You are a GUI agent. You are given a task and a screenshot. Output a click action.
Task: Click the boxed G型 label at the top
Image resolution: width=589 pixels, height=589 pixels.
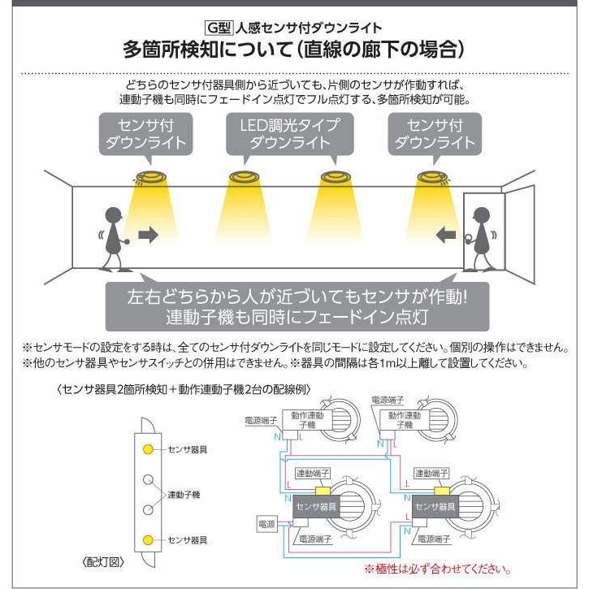[x=219, y=27]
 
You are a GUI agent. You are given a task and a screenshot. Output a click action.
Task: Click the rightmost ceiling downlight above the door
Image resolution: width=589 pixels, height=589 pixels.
[x=431, y=177]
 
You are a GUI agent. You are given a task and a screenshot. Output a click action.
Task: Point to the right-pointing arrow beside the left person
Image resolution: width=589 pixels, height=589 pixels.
[x=147, y=235]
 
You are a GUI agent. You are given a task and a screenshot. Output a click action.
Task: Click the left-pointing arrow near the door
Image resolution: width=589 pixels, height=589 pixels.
[x=446, y=235]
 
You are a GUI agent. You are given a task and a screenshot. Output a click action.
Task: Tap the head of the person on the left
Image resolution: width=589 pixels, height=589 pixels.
[x=113, y=217]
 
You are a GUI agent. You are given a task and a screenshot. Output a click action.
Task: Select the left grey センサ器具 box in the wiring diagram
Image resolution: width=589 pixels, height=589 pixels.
[x=318, y=505]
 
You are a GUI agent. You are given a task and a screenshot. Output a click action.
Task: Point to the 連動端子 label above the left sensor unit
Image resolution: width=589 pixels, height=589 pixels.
[x=313, y=473]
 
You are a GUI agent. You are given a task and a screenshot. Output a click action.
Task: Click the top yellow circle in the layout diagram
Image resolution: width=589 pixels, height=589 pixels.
[x=148, y=448]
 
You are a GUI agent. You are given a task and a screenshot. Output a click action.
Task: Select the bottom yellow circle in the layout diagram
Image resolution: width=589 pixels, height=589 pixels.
[x=148, y=539]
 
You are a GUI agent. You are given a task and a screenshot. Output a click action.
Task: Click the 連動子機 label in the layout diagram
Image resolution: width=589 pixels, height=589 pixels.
[x=184, y=494]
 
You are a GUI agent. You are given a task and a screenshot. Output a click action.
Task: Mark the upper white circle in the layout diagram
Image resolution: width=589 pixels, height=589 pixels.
[x=148, y=479]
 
